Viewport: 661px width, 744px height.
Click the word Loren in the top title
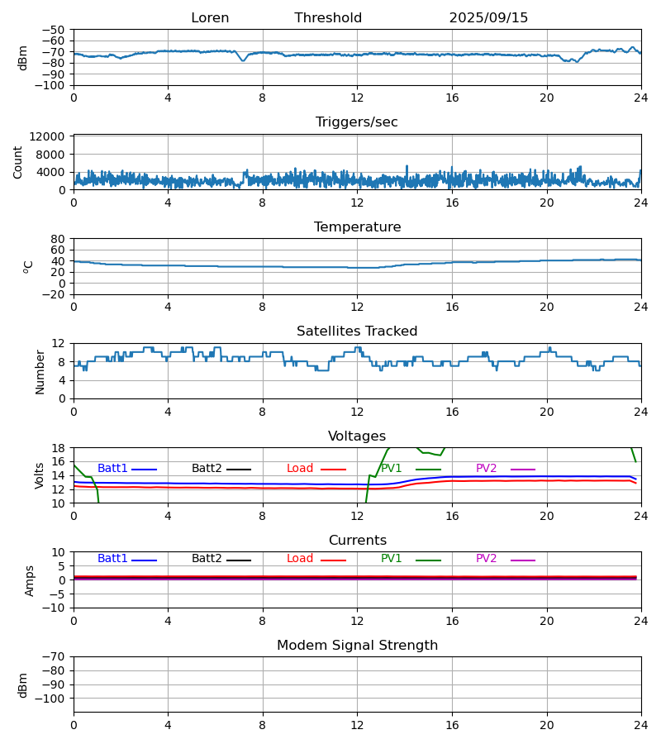coord(210,18)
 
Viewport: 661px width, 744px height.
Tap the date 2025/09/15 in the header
coord(488,18)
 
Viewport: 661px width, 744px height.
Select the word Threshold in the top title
coord(328,18)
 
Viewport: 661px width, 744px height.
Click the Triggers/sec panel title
coord(357,122)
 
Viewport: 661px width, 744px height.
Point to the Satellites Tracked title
coord(357,331)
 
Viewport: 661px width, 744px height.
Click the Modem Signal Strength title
coord(357,646)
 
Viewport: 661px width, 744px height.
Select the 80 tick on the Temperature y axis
coord(59,239)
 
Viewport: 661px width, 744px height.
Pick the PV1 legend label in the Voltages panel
coord(391,469)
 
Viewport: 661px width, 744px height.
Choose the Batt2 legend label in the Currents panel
coord(207,559)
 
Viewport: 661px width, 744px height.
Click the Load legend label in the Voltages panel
coord(300,469)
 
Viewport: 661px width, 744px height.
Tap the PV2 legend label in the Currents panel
coord(486,559)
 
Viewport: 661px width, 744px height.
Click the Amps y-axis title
coord(30,580)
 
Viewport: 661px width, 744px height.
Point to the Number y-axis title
coord(40,371)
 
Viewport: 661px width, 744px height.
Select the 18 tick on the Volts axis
coord(59,448)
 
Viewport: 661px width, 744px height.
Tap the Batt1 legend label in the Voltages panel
coord(112,469)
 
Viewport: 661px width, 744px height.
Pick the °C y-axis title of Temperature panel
coord(28,266)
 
